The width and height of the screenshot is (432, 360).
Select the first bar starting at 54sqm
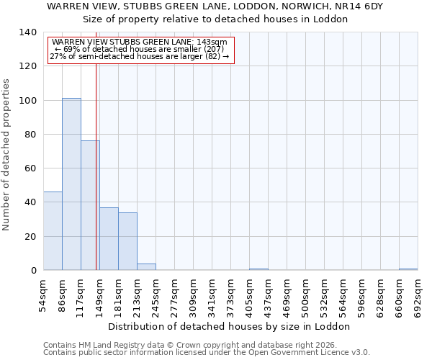click(x=53, y=231)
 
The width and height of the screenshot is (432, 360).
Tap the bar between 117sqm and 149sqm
click(x=90, y=206)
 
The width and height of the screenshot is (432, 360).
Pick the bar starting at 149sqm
click(x=109, y=239)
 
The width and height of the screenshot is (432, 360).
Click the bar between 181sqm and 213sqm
click(x=127, y=242)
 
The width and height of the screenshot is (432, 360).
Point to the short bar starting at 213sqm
click(x=146, y=267)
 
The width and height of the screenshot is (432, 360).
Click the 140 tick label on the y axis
click(x=28, y=32)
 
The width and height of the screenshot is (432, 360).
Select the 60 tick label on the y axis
click(x=31, y=168)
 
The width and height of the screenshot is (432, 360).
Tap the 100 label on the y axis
click(x=28, y=100)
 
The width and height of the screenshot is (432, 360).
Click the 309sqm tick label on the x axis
click(x=194, y=293)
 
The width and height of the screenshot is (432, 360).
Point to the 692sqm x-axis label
click(x=418, y=293)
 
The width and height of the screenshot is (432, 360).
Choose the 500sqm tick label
click(x=305, y=293)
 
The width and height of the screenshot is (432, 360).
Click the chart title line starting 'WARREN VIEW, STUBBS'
click(x=215, y=6)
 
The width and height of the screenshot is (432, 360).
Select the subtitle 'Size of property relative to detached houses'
click(x=215, y=19)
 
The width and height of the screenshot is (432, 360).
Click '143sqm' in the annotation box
click(x=213, y=42)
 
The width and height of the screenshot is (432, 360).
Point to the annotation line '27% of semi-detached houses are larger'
click(x=140, y=56)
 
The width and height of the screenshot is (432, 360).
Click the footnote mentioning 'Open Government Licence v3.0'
click(x=207, y=353)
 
